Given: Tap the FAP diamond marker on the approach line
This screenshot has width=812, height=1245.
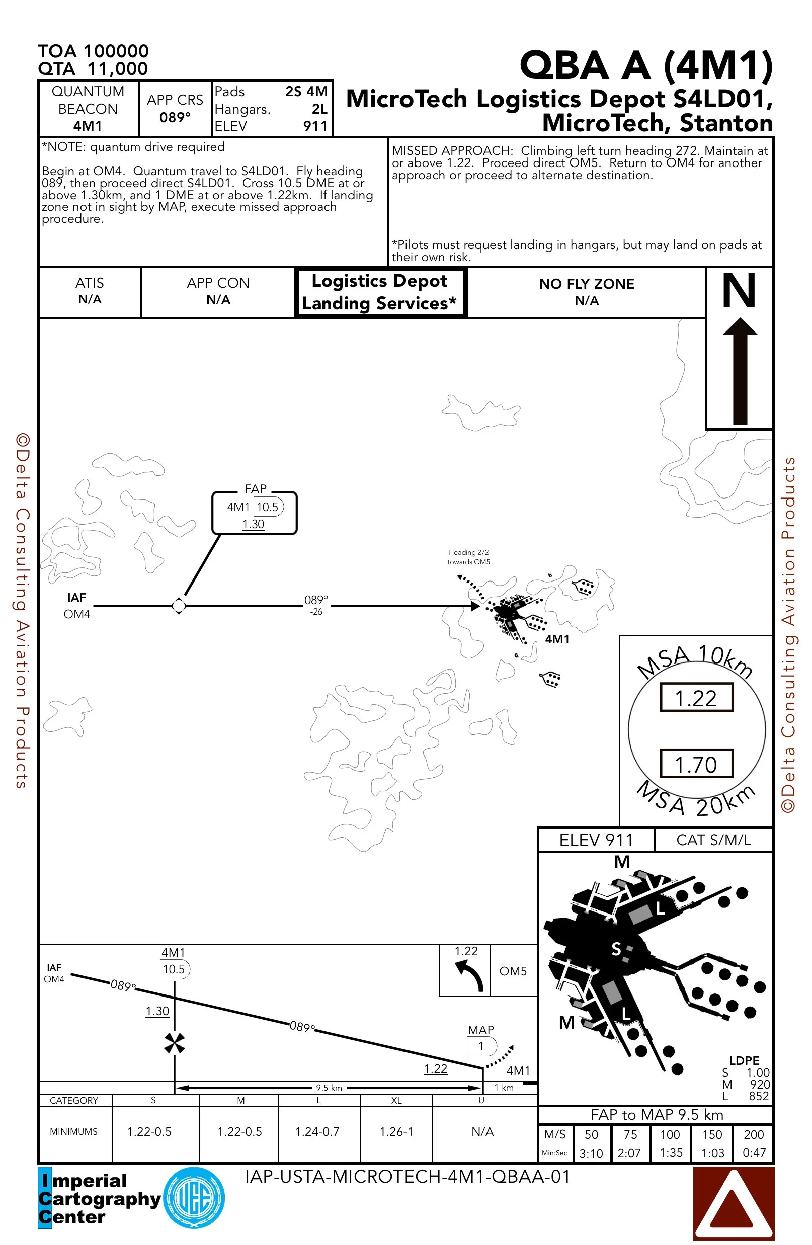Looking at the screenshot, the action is [x=179, y=606].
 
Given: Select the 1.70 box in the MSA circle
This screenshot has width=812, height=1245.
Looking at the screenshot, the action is [x=696, y=764].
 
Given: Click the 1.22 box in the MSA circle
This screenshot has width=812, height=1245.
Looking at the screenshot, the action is [x=696, y=698].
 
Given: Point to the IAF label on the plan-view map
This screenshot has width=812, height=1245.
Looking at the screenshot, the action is [x=76, y=598].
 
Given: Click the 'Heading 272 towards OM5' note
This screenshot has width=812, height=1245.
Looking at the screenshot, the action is [x=469, y=557].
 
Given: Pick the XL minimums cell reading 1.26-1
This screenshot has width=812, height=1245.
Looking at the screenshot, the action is [x=396, y=1131].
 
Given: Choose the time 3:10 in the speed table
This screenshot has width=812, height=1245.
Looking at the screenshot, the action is [x=591, y=1153].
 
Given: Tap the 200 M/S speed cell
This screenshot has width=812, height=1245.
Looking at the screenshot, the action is [x=754, y=1135].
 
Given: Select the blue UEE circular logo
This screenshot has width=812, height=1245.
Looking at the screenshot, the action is [x=194, y=1197].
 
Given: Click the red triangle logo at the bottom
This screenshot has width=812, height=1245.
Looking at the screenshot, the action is [x=733, y=1203].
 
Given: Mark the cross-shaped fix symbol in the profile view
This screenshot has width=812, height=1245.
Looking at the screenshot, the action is [x=174, y=1043].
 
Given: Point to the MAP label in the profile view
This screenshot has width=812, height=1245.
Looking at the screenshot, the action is [x=481, y=1030].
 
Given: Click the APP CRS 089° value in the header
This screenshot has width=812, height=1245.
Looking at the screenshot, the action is [x=175, y=117].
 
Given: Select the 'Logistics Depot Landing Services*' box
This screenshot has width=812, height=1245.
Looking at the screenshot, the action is [x=380, y=292].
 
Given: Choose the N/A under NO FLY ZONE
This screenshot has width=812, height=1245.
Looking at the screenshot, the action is [x=587, y=301].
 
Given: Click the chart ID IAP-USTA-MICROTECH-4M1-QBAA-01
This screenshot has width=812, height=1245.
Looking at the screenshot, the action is [x=407, y=1177].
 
